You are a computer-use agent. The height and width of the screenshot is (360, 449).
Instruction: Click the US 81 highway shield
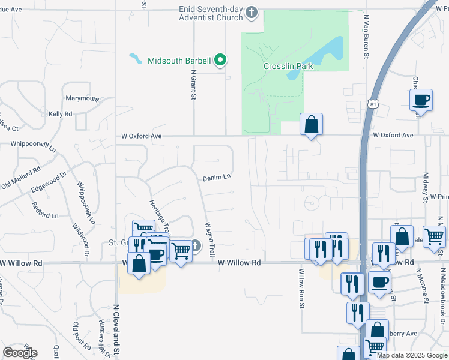tap(373, 106)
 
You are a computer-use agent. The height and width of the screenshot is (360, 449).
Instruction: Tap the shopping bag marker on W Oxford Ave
tap(311, 125)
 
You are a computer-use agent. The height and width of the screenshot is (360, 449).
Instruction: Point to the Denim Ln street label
tap(216, 178)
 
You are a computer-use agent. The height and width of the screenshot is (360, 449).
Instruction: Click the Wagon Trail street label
tap(211, 239)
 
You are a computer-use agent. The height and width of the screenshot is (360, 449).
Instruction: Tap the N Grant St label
tap(194, 85)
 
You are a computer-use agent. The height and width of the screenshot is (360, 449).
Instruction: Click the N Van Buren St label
tap(365, 36)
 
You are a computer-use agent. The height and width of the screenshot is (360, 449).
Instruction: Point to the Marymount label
tap(82, 98)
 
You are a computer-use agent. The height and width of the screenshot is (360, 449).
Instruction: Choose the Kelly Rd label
tap(60, 113)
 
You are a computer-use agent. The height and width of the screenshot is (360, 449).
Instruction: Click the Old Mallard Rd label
tap(20, 178)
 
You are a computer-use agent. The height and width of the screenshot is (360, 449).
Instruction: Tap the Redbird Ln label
tap(46, 215)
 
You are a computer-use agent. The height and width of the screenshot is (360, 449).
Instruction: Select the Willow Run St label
tap(301, 289)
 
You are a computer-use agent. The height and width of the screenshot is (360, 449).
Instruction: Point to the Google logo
tap(20, 352)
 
